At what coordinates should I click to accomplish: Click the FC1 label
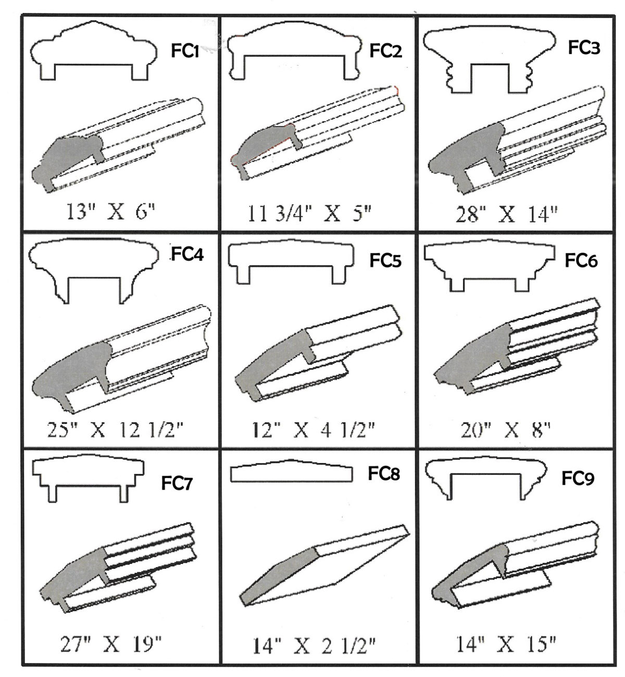tap(184, 51)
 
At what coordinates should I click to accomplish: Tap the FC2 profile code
tap(385, 51)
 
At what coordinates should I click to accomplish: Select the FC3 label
tap(584, 47)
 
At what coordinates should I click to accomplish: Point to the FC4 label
tap(187, 254)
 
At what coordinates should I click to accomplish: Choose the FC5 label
tap(385, 261)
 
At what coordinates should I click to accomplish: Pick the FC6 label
tap(581, 261)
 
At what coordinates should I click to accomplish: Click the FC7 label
tap(177, 483)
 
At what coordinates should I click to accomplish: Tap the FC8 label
tap(383, 473)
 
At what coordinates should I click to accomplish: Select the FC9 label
tap(578, 479)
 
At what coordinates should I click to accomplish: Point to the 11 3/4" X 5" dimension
tap(309, 214)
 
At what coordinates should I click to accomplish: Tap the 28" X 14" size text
tap(507, 214)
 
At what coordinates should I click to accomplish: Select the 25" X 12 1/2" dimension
tap(115, 430)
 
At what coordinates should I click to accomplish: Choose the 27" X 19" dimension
tap(110, 644)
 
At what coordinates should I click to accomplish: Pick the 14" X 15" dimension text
tap(506, 644)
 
